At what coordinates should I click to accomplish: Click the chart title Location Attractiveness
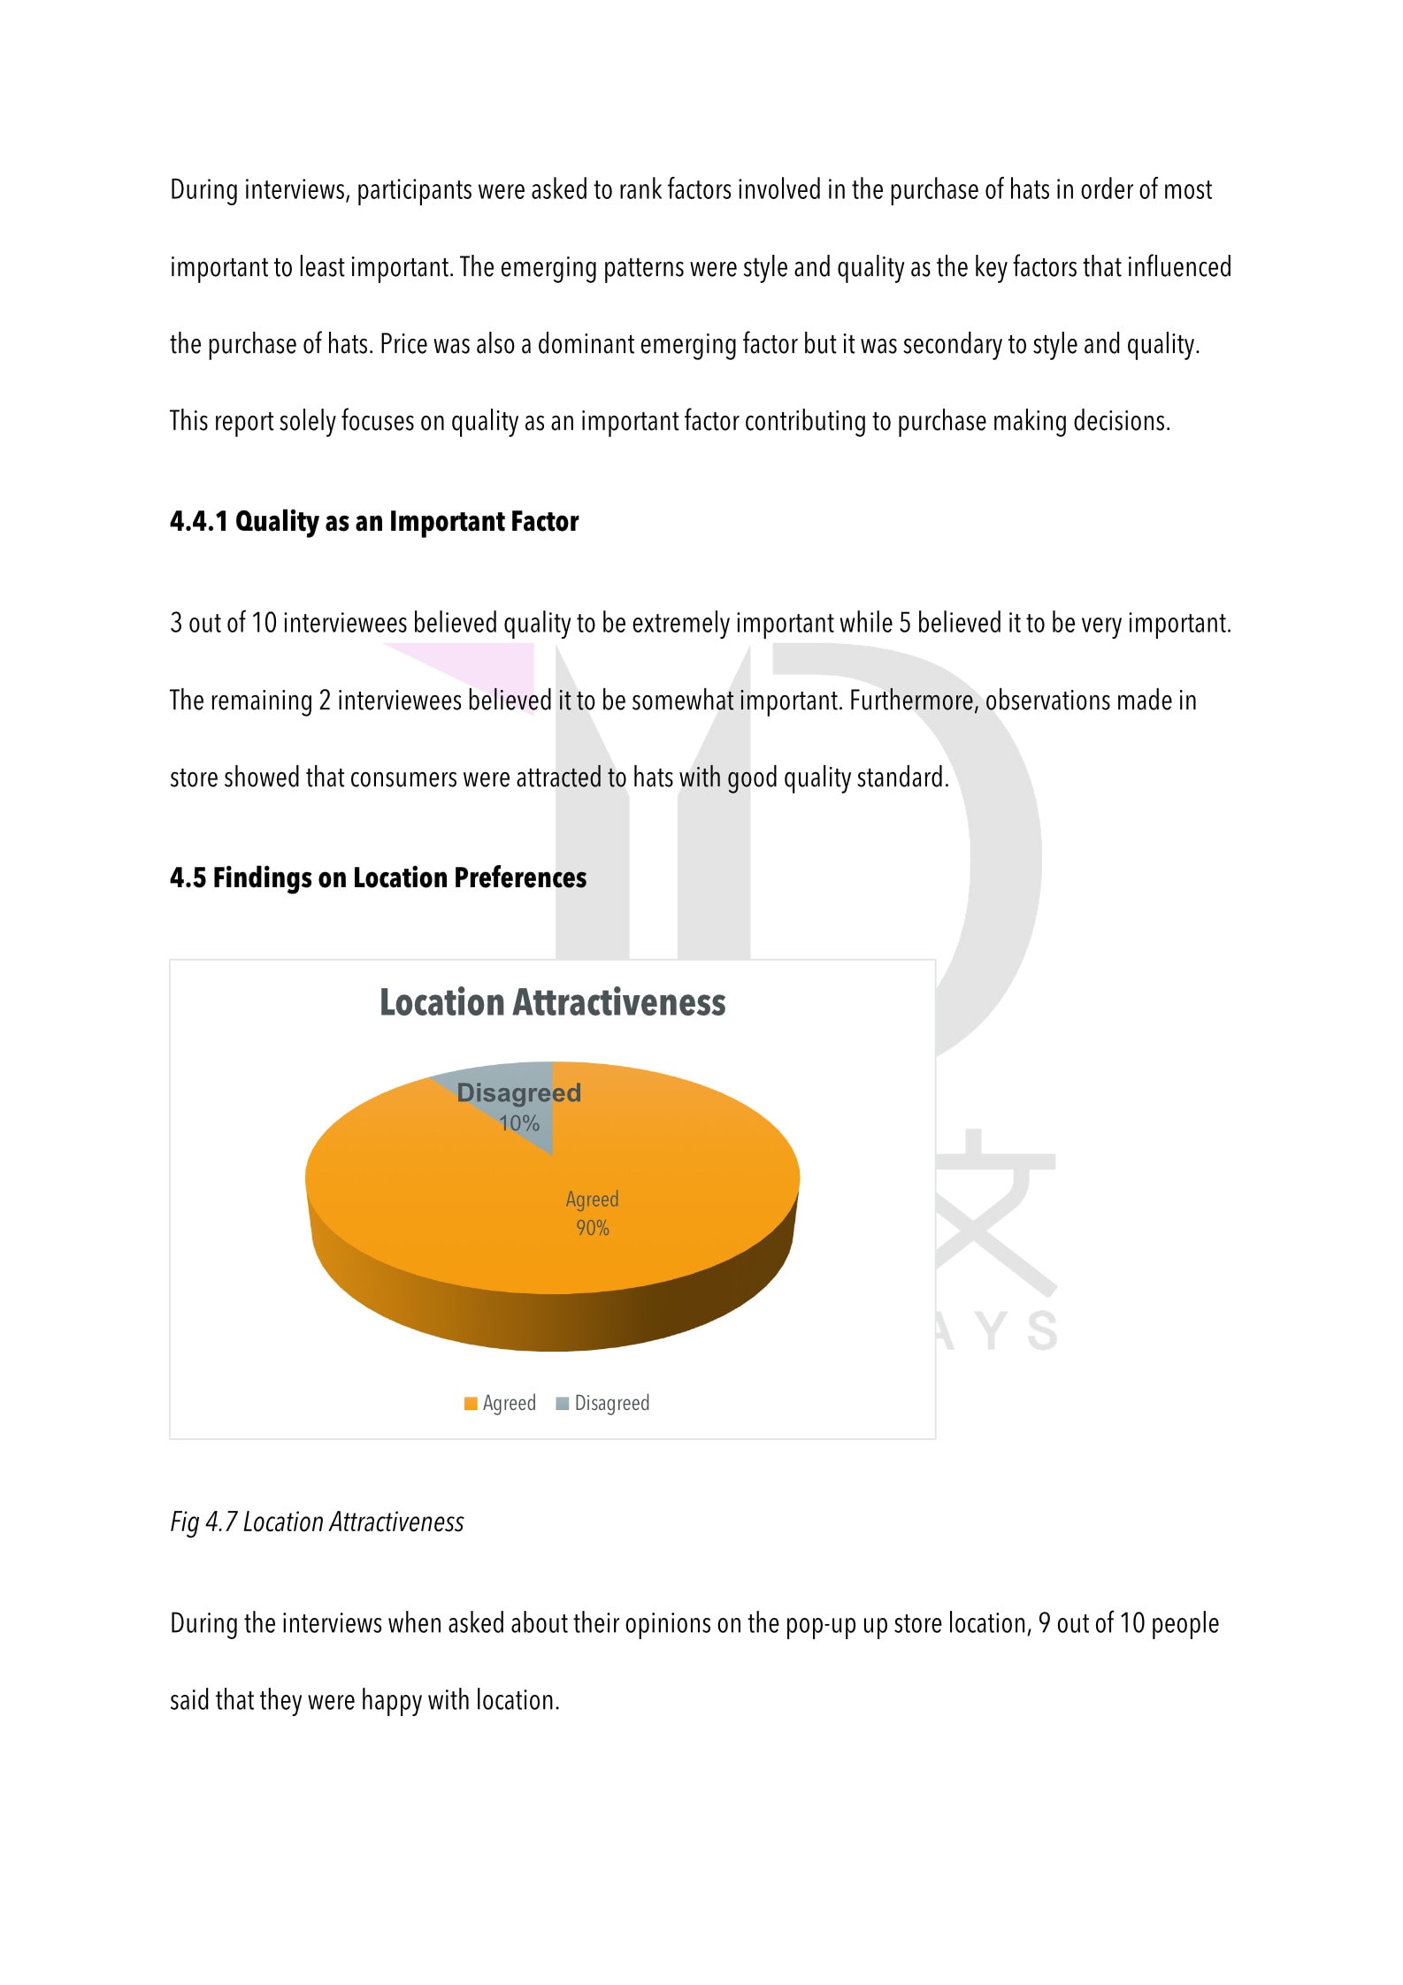coord(552,1003)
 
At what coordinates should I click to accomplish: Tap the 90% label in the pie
coord(593,1228)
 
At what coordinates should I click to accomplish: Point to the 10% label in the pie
coord(519,1123)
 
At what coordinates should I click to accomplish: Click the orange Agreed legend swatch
coord(471,1403)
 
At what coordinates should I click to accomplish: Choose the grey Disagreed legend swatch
coord(562,1403)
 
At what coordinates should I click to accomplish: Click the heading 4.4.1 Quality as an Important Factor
coord(374,522)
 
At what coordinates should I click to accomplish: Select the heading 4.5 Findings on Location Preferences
coord(378,878)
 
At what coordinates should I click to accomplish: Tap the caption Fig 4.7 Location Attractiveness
coord(317,1521)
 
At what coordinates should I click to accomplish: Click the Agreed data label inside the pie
coord(592,1199)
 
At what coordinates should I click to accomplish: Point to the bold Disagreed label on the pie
coord(518,1093)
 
